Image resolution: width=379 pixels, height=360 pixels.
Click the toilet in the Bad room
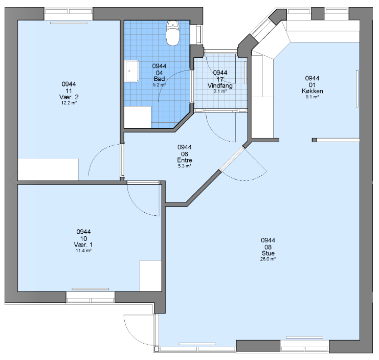click(172, 33)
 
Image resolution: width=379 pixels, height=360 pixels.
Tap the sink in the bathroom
click(132, 71)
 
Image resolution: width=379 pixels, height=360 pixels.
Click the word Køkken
click(313, 91)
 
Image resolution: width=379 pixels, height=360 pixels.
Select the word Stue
click(268, 253)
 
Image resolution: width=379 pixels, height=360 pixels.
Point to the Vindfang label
click(220, 85)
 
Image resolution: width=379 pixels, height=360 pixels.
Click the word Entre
click(185, 160)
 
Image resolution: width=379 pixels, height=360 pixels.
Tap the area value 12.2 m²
click(69, 103)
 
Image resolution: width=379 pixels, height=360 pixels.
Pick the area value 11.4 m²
click(83, 251)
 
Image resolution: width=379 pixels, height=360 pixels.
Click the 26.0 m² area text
click(268, 259)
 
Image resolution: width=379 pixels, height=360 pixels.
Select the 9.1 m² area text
click(312, 97)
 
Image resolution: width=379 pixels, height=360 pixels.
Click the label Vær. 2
click(69, 97)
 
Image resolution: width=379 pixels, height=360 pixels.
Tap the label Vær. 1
click(83, 245)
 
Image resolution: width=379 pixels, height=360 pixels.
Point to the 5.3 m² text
click(185, 166)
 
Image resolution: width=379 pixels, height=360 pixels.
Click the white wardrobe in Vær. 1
click(150, 276)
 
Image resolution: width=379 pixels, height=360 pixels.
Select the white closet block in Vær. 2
click(48, 169)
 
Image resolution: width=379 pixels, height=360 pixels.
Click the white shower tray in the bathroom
click(138, 117)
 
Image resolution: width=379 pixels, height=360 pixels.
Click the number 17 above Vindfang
click(220, 79)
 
